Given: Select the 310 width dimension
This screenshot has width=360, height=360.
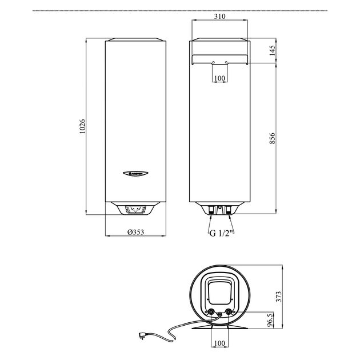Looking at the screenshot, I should [x=219, y=17].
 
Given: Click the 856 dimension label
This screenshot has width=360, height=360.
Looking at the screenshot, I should [x=272, y=138].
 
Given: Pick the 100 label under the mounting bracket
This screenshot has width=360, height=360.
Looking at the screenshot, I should [x=219, y=78].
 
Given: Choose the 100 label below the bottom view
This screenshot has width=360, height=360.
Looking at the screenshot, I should [x=219, y=343].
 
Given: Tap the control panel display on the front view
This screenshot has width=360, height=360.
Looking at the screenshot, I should [x=136, y=209].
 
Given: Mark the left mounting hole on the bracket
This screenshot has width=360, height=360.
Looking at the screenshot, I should [x=213, y=62].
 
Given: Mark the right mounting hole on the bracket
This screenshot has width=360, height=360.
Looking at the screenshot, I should [x=226, y=62].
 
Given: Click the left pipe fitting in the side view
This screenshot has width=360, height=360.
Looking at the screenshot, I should [x=211, y=210].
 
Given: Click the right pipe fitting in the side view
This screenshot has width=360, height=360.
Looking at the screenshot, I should [x=228, y=210].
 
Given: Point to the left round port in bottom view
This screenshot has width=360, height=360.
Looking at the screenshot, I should [x=212, y=312].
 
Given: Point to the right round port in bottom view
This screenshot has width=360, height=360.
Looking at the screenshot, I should [x=230, y=312].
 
